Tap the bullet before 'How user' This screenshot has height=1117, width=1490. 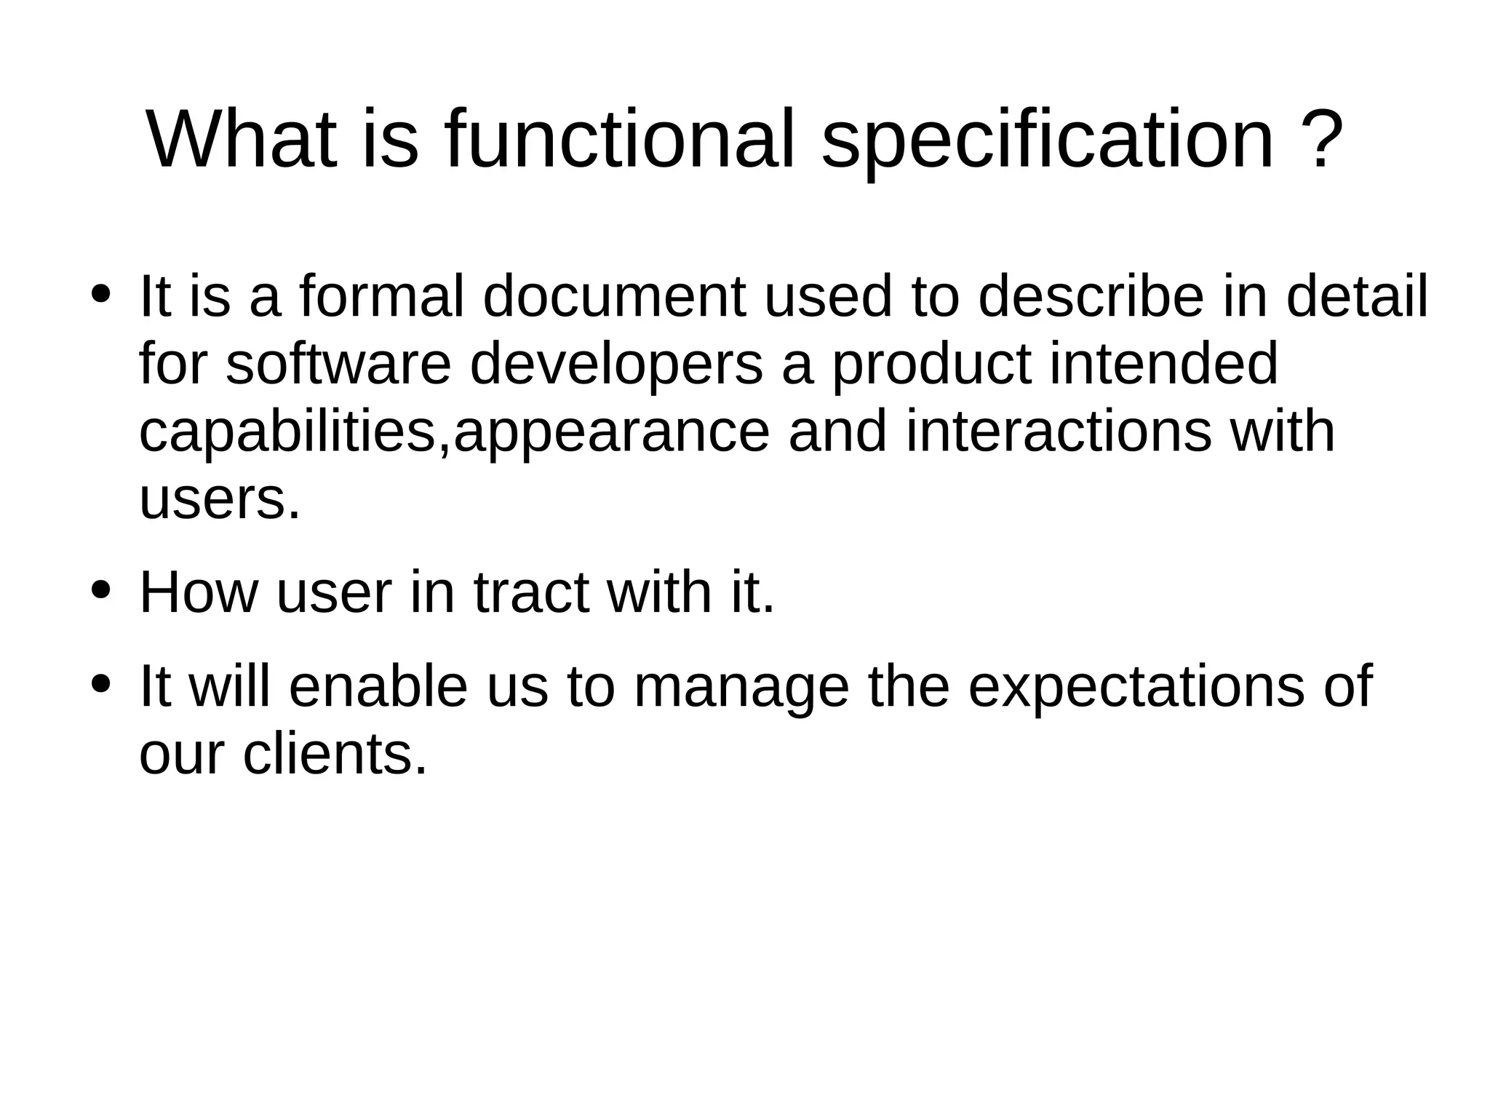(x=100, y=590)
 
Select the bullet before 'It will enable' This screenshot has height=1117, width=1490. (x=100, y=684)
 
